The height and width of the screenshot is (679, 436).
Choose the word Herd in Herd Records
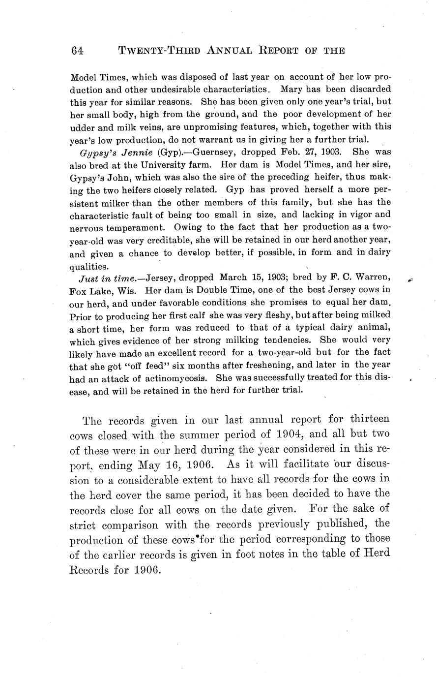[x=378, y=553]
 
